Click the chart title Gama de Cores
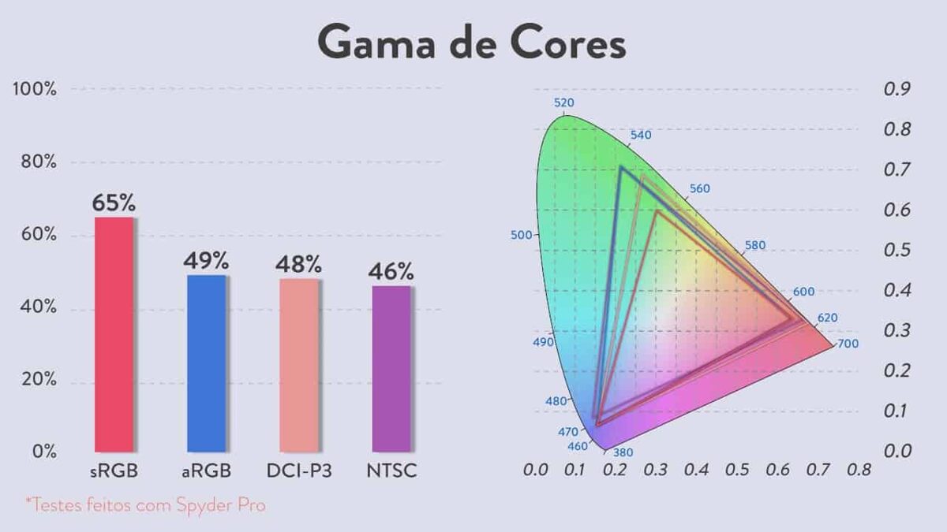click(472, 44)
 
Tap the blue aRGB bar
click(206, 363)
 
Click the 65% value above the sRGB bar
click(114, 203)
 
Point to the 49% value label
click(206, 260)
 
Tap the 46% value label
click(391, 271)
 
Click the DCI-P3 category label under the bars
click(299, 471)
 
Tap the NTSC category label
click(391, 471)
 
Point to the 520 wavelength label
click(564, 102)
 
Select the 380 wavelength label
click(622, 452)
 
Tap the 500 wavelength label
click(522, 235)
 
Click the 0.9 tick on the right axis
click(897, 89)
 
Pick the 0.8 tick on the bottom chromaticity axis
click(859, 471)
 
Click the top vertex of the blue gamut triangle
click(621, 167)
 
